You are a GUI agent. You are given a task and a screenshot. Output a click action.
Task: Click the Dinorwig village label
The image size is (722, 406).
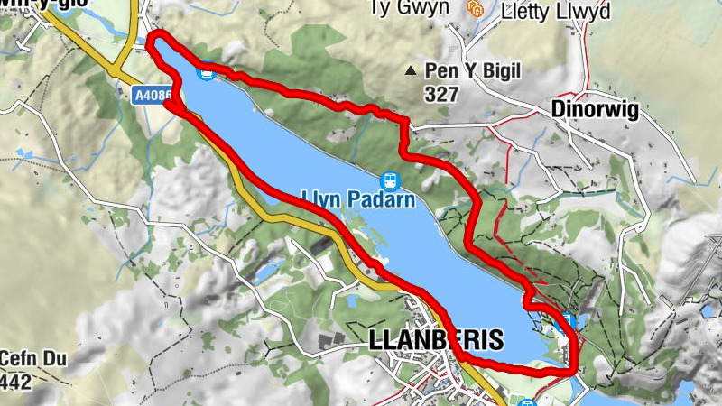[x=594, y=110]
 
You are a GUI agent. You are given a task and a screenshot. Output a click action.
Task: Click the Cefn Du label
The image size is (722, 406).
[x=33, y=359]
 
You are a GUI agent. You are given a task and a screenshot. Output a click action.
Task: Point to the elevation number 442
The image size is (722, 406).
[x=15, y=382]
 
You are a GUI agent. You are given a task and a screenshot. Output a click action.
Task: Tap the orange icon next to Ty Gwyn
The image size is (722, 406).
[x=472, y=7]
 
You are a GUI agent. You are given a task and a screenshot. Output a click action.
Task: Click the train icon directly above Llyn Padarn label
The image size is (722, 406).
[x=389, y=180]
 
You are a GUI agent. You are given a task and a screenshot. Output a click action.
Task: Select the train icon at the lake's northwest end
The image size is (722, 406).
[x=208, y=69]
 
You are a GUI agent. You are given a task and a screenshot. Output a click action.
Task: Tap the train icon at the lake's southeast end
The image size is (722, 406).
[x=568, y=320]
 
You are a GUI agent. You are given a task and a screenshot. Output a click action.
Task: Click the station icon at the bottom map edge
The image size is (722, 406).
[x=527, y=402]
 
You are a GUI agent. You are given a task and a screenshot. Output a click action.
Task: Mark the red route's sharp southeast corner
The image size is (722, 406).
[x=573, y=366]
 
